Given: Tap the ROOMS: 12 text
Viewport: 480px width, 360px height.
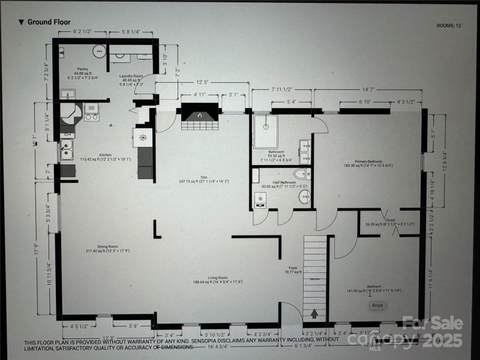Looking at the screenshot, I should [x=449, y=25].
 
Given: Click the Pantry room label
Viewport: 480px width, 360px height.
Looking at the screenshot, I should [x=83, y=69].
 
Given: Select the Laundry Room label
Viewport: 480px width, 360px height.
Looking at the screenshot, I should [x=130, y=76].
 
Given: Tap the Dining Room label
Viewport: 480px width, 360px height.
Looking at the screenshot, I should [x=100, y=246].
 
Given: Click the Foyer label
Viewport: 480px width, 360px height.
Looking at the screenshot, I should [x=293, y=268].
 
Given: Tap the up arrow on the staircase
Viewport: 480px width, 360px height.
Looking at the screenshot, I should [x=314, y=313].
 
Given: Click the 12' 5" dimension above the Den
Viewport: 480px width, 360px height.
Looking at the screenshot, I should [x=202, y=83].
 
